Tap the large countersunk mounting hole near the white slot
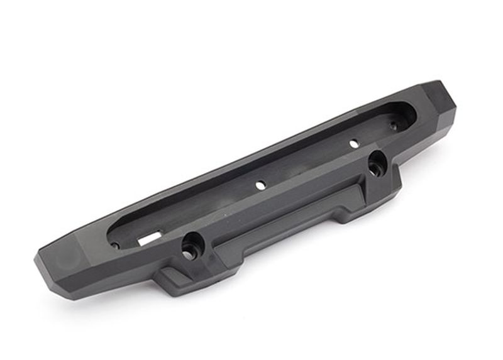point(190,248)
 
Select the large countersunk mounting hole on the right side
point(377,165)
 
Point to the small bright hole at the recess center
point(258,185)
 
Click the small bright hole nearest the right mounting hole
point(353,144)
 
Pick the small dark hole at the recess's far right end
point(394,126)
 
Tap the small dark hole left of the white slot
point(116,245)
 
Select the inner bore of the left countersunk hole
point(188,253)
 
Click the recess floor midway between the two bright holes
point(306,165)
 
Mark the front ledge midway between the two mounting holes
point(283,201)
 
